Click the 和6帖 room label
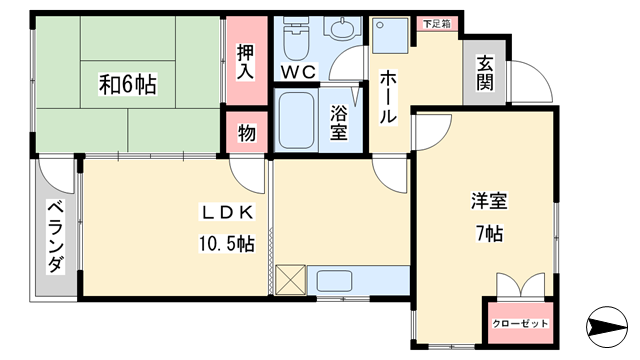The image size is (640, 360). [x=127, y=84]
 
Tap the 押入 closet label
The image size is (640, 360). [x=245, y=62]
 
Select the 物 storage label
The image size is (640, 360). [x=247, y=133]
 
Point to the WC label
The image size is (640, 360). [x=299, y=72]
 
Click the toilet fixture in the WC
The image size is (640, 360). [x=296, y=38]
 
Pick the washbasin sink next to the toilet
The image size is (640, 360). [x=342, y=28]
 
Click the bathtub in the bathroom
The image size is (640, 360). [x=297, y=121]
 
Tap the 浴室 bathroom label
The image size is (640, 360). [x=339, y=122]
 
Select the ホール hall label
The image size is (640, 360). [x=388, y=97]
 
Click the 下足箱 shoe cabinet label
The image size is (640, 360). [x=437, y=24]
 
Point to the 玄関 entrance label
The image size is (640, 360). [x=485, y=73]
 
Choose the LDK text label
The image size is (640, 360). [x=227, y=212]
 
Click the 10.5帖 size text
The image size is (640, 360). [x=227, y=244]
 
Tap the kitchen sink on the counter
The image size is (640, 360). [x=334, y=281]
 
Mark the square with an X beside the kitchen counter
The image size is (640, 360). [x=290, y=280]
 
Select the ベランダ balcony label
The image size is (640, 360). [x=56, y=236]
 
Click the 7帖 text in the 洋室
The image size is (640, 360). [x=489, y=233]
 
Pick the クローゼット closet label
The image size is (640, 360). [x=520, y=324]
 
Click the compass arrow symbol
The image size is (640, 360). [x=607, y=327]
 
